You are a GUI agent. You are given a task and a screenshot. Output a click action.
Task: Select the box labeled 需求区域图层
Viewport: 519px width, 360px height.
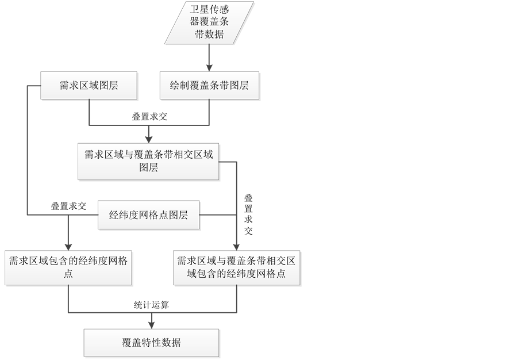pos(89,86)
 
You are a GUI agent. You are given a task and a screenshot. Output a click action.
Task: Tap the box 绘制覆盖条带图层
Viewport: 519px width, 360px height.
pos(209,86)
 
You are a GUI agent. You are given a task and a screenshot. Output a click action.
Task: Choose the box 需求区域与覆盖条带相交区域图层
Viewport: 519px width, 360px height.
pos(149,161)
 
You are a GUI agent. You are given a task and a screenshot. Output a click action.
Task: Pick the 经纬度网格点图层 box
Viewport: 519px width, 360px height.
pos(149,216)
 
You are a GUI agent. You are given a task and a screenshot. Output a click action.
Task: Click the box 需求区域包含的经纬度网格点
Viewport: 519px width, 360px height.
pos(68,267)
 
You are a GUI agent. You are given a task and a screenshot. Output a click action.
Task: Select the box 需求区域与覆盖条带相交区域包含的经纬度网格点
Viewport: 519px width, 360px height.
pos(237,267)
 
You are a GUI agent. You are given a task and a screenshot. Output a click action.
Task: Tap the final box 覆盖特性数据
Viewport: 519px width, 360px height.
pos(152,343)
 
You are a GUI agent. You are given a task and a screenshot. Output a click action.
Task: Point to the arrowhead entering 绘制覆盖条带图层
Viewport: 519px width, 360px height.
pos(209,67)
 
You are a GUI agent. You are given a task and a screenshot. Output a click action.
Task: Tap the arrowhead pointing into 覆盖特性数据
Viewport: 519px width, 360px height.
pos(152,324)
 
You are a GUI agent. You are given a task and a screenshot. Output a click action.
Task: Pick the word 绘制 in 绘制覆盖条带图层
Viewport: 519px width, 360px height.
pos(179,86)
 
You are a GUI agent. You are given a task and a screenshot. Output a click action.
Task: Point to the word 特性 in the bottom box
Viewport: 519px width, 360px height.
pos(151,343)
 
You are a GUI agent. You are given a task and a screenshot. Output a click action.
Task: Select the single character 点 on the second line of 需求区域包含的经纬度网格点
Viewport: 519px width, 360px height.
pos(68,274)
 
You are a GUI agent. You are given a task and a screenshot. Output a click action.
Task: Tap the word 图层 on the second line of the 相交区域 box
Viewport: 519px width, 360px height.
pos(149,168)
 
